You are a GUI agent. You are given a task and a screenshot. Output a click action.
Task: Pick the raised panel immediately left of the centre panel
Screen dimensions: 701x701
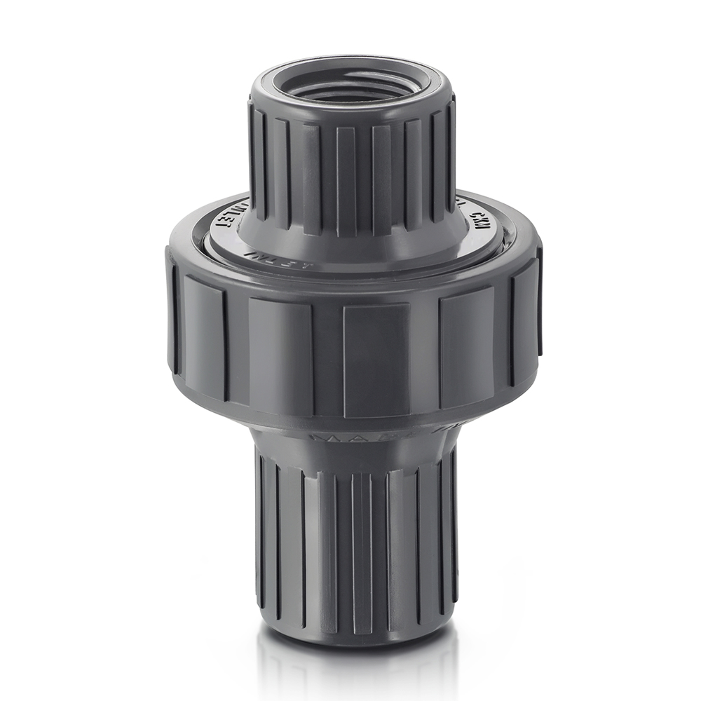point(280,354)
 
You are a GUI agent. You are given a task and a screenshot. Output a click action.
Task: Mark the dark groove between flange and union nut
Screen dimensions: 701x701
point(350,271)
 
